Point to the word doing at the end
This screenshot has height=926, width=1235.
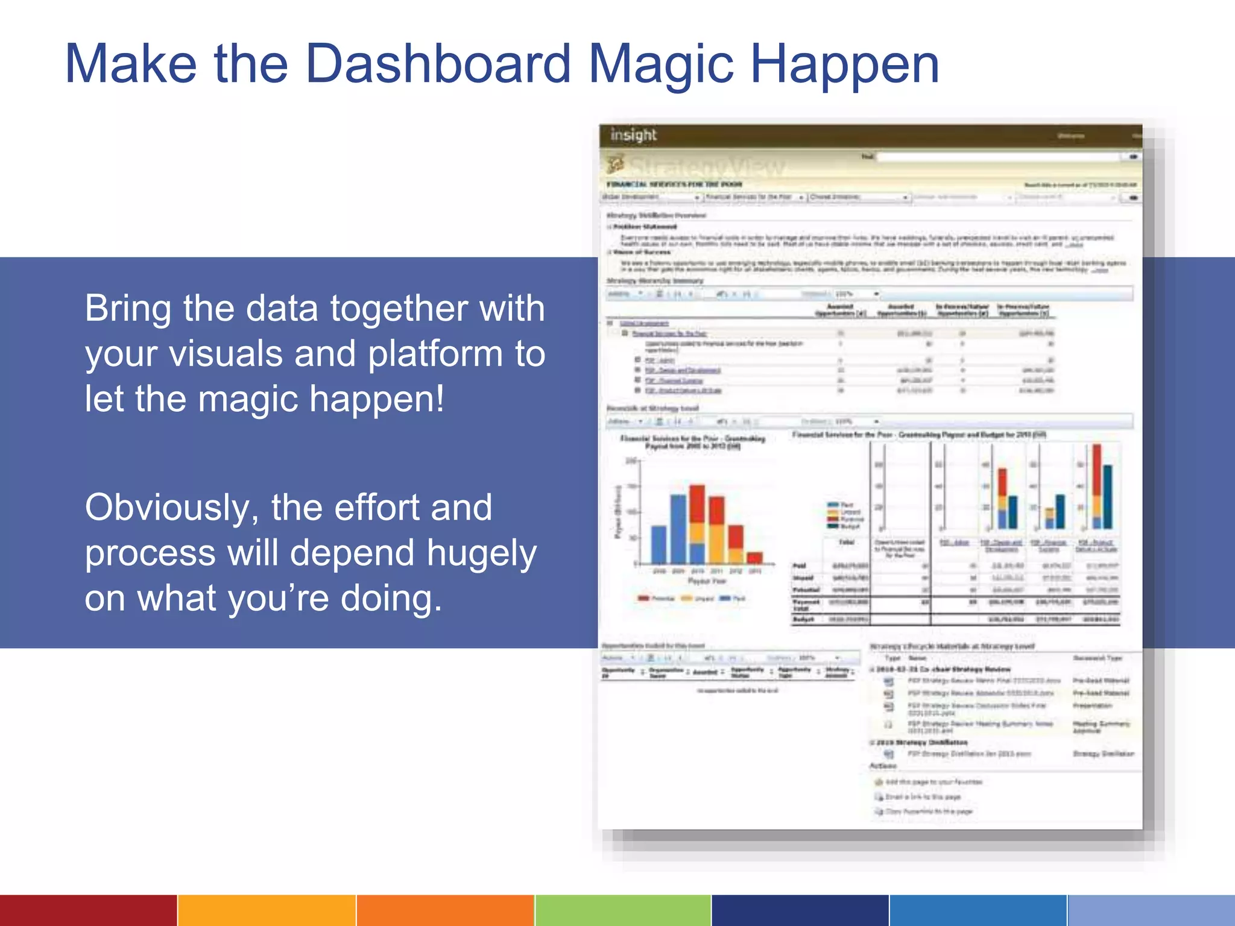click(386, 600)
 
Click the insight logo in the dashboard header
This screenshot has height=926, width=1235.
click(633, 135)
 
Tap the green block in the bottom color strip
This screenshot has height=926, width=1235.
click(623, 910)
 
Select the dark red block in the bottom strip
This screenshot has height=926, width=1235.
click(88, 910)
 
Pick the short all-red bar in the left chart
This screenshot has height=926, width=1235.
click(755, 558)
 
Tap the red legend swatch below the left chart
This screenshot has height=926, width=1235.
click(643, 599)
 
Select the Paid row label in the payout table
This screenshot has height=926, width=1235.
click(799, 566)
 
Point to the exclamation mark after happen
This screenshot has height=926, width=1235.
click(440, 399)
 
